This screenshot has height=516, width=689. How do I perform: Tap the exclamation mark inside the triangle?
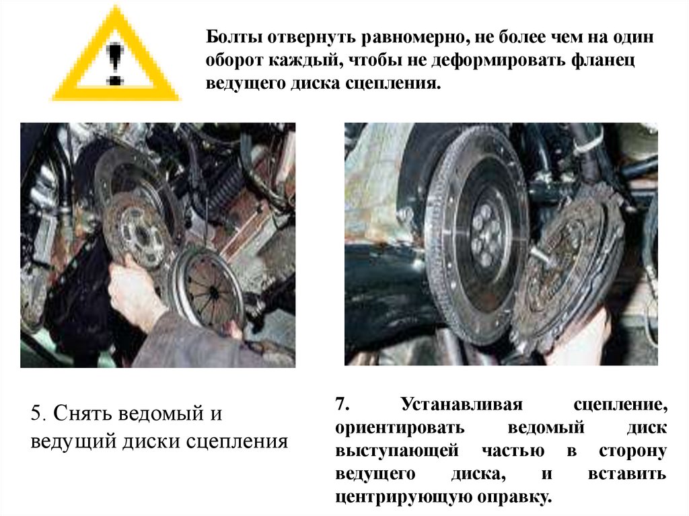115,63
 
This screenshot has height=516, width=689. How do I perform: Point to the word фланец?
604,61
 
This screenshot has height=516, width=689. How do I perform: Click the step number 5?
38,413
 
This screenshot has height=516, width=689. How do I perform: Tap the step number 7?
342,404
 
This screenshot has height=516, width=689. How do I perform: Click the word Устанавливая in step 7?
462,404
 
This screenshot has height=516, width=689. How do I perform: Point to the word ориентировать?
400,427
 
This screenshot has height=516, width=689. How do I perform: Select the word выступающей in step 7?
397,451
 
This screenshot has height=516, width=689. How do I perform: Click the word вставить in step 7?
626,474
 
